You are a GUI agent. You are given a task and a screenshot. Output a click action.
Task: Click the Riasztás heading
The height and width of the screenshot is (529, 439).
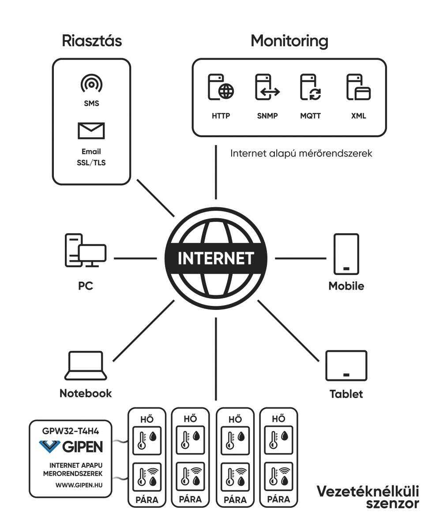(92, 41)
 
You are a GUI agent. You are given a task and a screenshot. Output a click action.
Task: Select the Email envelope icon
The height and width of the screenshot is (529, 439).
(91, 131)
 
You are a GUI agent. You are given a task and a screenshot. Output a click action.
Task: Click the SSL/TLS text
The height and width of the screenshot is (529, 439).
(91, 163)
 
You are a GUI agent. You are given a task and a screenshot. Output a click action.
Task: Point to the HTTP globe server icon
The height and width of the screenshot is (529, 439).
(221, 87)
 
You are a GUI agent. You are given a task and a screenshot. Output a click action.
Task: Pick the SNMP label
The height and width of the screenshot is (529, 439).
(267, 116)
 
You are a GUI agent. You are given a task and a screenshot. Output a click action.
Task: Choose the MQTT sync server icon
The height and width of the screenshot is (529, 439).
(311, 87)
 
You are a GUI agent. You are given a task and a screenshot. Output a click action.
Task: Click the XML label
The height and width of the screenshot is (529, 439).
(359, 116)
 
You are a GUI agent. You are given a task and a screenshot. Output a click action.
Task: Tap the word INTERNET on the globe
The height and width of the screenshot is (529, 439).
(216, 258)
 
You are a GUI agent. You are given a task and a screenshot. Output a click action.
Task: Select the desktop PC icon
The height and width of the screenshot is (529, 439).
(86, 250)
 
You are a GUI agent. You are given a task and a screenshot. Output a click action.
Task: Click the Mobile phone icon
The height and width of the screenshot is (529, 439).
(346, 254)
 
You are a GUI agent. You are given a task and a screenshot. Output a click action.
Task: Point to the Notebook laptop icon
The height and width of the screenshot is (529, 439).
(86, 365)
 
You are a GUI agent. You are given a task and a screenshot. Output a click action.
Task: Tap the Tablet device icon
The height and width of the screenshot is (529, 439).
(346, 366)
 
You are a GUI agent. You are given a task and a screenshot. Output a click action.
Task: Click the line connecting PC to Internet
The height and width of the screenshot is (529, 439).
(135, 258)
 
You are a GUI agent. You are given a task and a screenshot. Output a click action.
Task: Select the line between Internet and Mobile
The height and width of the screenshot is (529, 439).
(300, 258)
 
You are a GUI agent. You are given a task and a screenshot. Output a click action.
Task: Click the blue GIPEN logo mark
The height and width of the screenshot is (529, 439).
(49, 447)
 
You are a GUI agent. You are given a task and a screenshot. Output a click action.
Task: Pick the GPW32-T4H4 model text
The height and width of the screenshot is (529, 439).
(71, 431)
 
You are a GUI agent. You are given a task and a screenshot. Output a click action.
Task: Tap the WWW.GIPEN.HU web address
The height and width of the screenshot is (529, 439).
(79, 485)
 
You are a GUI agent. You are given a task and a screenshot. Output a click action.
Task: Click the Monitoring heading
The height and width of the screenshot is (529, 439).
(289, 41)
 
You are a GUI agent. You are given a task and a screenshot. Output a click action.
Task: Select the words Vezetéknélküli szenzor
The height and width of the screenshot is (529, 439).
(368, 497)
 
